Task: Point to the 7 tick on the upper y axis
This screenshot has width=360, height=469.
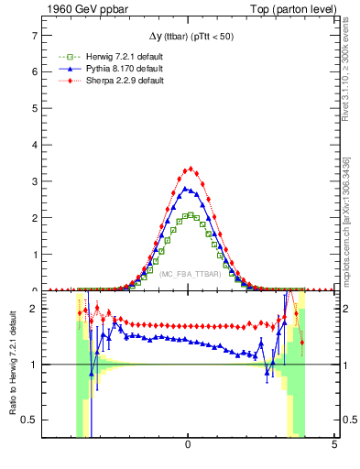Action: coord(36,35)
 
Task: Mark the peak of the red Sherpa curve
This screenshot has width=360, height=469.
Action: coord(190,169)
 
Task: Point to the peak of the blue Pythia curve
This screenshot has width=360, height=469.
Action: coord(186,189)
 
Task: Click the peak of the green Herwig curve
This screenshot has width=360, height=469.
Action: coord(189,214)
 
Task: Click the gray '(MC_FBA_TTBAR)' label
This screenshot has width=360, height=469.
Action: coord(189,274)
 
